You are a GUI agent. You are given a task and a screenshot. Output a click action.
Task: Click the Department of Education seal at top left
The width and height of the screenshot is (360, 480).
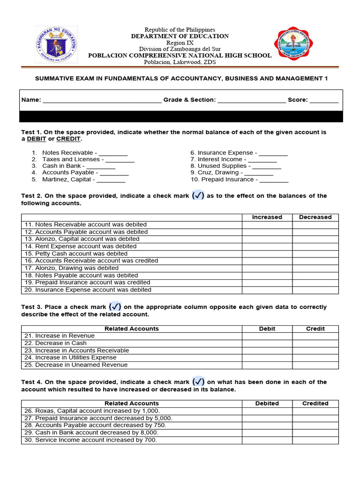point(56,45)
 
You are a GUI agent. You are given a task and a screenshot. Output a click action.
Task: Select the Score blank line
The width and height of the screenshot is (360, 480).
point(323,100)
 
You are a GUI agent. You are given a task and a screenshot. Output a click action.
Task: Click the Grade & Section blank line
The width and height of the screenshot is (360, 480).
point(251,100)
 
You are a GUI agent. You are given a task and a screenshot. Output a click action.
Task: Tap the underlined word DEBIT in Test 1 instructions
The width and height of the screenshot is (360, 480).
point(37,139)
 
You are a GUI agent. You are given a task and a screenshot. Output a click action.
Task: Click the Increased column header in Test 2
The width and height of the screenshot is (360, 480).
point(267,217)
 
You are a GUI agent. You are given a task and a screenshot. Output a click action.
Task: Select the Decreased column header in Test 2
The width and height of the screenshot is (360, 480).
point(315,217)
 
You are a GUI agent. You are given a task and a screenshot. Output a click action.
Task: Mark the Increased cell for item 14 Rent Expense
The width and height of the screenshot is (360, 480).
point(267,247)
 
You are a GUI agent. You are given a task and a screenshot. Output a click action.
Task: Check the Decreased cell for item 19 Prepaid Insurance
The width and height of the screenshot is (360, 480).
point(315,283)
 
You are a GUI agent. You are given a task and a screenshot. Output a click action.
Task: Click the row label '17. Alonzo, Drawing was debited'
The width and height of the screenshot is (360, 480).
point(72,268)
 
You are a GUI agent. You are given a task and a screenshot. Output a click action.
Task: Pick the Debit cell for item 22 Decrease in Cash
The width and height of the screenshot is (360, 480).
point(267,343)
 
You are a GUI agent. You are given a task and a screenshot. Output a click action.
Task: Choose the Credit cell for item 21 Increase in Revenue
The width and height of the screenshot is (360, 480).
point(315,336)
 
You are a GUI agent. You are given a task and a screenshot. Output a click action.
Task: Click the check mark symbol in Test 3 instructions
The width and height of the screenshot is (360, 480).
point(115,307)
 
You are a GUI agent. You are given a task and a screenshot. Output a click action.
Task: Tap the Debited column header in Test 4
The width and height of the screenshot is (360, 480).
point(267,404)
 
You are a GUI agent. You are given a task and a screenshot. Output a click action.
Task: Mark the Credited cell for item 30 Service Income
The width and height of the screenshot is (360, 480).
point(315,440)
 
